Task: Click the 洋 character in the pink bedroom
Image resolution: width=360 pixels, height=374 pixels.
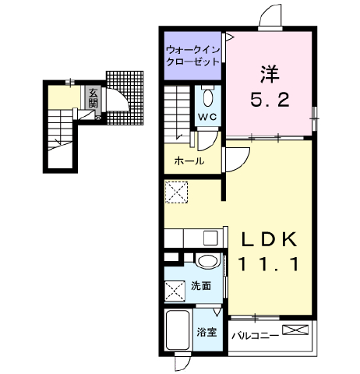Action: (x=270, y=75)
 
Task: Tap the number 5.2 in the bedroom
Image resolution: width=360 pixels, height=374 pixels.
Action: (x=270, y=99)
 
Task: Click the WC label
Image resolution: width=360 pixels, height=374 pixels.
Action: (x=206, y=118)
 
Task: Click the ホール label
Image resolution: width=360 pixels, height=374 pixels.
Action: (x=189, y=161)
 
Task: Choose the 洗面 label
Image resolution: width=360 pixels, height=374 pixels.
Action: (x=201, y=286)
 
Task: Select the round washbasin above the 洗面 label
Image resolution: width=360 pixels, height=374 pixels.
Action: (x=206, y=261)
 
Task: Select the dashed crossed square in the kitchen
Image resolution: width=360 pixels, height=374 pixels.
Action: (x=177, y=192)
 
